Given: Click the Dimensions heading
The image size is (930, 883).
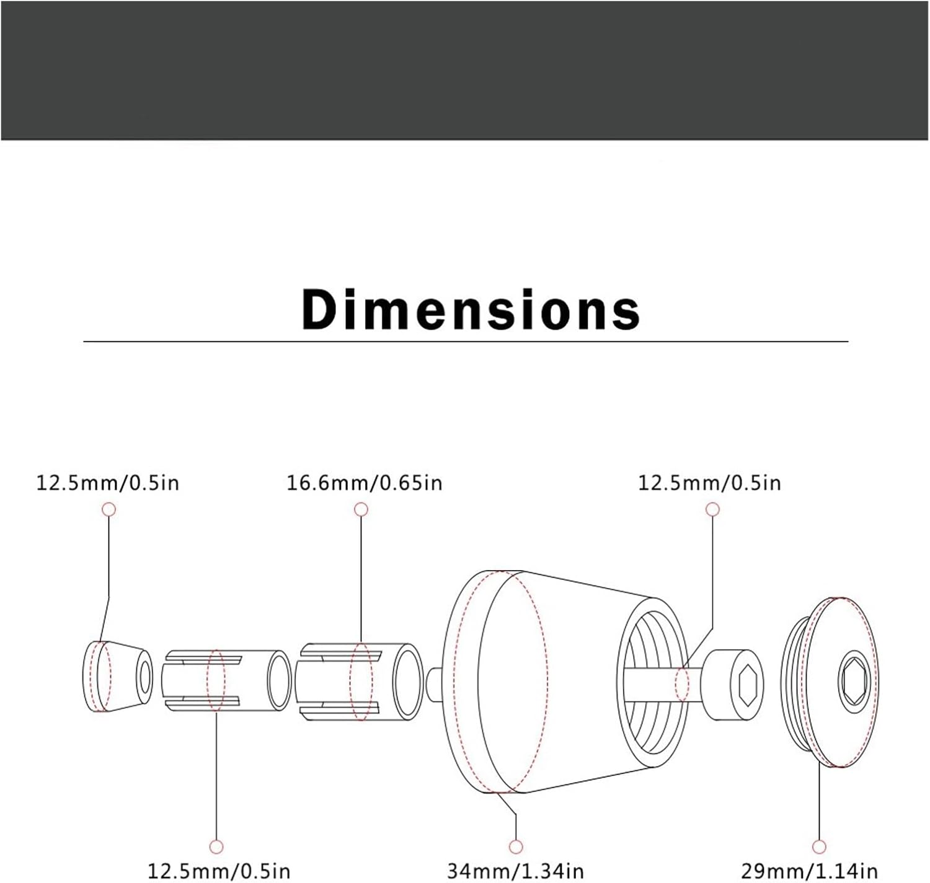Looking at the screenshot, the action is click(471, 310).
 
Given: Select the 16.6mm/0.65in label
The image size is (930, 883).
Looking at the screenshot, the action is click(365, 483).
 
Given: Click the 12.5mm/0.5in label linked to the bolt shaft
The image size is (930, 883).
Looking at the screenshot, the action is click(709, 483).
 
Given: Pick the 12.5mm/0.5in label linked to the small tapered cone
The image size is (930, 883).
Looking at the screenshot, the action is click(108, 483).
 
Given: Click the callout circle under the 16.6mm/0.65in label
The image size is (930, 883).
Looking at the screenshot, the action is click(361, 509).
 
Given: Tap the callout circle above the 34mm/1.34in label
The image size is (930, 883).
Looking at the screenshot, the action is click(516, 846).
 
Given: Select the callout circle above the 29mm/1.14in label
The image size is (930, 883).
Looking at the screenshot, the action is click(819, 846).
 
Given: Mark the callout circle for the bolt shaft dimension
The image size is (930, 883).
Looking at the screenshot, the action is click(712, 509).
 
